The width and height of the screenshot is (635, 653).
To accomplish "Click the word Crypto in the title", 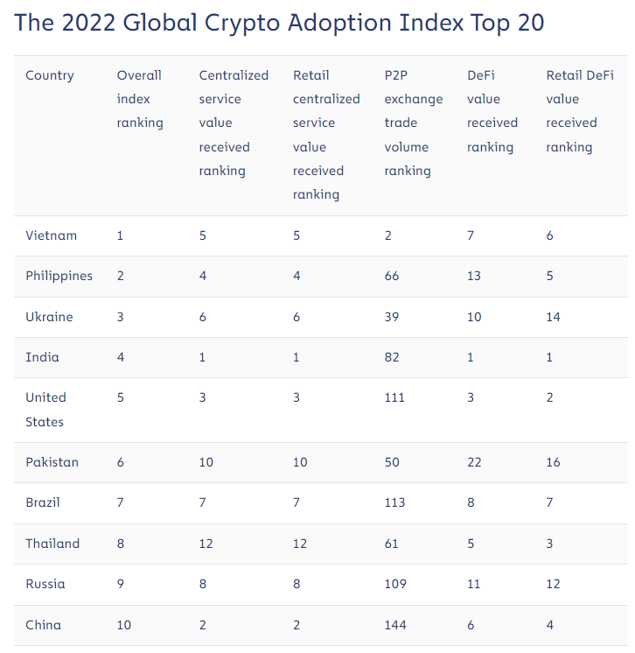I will [x=223, y=22].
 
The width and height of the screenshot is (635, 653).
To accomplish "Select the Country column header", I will [x=50, y=75].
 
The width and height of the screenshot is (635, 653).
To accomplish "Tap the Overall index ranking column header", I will [x=140, y=99].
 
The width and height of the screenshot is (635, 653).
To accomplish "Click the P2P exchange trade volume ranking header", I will [x=413, y=123].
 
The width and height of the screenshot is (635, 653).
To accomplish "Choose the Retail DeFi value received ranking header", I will [x=579, y=111].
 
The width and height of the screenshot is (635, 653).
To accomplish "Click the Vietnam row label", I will [x=51, y=235].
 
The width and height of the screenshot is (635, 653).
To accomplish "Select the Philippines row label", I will [x=59, y=276].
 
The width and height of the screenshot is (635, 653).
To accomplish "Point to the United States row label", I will [x=45, y=410].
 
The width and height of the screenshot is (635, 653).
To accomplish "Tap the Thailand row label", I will [x=52, y=544].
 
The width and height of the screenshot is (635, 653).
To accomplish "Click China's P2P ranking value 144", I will [x=395, y=625].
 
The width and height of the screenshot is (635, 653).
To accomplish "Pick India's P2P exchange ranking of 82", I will [x=392, y=357].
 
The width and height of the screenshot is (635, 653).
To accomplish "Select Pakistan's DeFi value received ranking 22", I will [x=474, y=462].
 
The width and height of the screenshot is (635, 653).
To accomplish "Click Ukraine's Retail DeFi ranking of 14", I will [x=554, y=317].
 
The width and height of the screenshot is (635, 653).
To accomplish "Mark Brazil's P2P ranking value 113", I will [x=394, y=503].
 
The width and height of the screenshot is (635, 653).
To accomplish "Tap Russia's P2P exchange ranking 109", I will [x=395, y=584].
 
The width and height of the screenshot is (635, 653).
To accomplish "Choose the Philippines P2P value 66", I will [x=392, y=276].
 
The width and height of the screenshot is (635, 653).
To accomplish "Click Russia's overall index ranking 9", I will [x=121, y=584].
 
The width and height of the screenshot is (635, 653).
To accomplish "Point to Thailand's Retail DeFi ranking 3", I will [x=550, y=544].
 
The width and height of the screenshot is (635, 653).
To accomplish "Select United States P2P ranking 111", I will [x=394, y=397].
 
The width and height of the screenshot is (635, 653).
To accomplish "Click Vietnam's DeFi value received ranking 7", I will [x=471, y=235].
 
